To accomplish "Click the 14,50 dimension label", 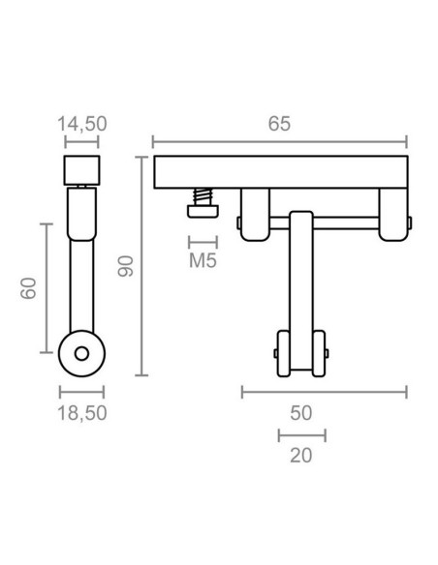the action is click(x=82, y=124).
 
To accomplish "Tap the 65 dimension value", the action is click(x=279, y=124).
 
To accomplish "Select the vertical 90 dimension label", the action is click(x=126, y=266).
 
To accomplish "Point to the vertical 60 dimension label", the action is click(x=28, y=288).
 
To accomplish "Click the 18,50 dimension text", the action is click(x=82, y=413).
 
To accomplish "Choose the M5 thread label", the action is click(x=203, y=260).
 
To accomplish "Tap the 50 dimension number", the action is click(x=301, y=413).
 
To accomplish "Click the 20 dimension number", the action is click(x=301, y=456).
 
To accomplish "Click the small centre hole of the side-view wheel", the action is click(x=82, y=354).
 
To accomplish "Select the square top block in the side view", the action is click(x=82, y=170).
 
